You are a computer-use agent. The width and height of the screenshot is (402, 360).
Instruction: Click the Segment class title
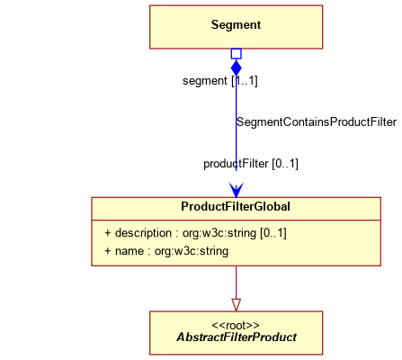(x=236, y=25)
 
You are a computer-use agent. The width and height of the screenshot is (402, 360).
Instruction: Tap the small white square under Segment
(x=237, y=54)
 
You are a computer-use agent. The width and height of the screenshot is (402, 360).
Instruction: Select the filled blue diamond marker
(x=237, y=67)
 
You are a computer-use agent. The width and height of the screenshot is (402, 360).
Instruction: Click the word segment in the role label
(x=205, y=81)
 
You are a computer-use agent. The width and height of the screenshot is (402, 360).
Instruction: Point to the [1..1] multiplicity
(x=245, y=81)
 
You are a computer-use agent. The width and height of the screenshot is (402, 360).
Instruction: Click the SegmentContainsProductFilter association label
(x=317, y=122)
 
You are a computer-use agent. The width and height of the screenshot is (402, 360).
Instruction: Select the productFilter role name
(x=236, y=164)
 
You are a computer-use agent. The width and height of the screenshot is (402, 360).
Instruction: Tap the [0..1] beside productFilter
(x=285, y=164)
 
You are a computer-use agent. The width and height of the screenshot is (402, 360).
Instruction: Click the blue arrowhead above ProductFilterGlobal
(x=237, y=190)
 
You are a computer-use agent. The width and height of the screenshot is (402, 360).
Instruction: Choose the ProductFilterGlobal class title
(x=236, y=207)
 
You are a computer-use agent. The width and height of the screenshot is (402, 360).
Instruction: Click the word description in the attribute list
(x=143, y=233)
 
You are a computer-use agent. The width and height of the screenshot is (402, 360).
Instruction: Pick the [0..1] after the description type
(x=273, y=233)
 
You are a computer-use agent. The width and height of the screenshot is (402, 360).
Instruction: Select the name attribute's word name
(x=130, y=251)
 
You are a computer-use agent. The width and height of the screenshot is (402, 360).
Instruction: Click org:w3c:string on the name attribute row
(x=192, y=251)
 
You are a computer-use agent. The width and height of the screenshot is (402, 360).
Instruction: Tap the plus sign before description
(x=108, y=233)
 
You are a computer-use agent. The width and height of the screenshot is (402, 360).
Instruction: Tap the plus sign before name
(x=108, y=251)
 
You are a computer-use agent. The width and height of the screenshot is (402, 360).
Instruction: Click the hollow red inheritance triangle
(x=237, y=305)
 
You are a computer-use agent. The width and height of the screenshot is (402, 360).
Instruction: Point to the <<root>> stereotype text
(x=236, y=326)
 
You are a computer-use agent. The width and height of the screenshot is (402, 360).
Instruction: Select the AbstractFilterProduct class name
(x=237, y=337)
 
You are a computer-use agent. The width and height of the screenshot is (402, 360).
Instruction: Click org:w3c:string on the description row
(x=219, y=233)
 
